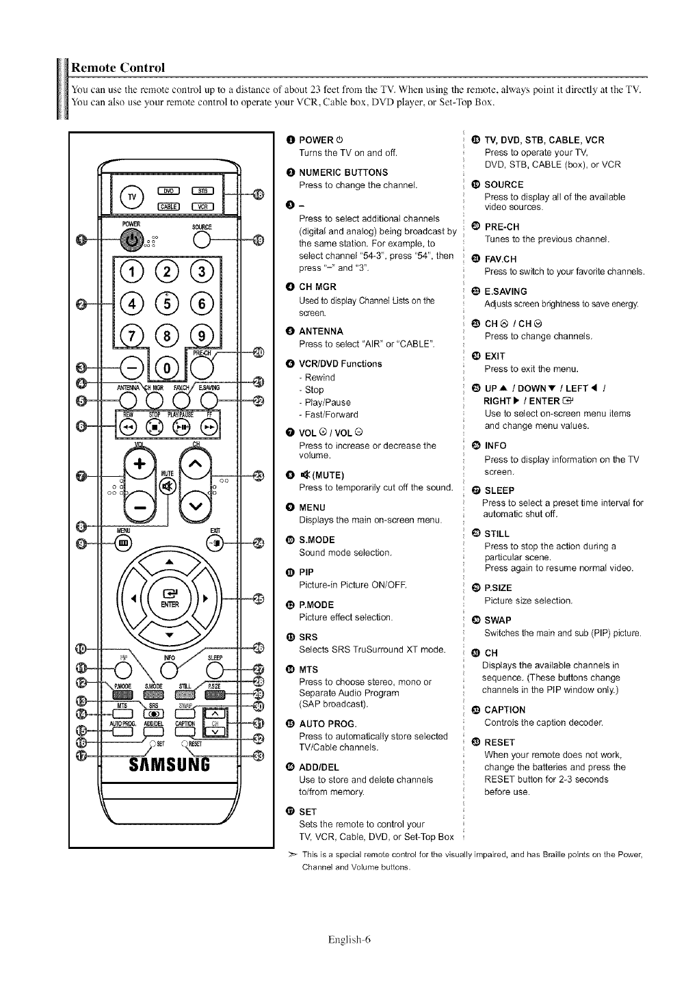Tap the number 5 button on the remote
(x=164, y=302)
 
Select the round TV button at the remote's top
(x=131, y=196)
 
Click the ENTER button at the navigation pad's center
(x=169, y=597)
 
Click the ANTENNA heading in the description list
(x=321, y=331)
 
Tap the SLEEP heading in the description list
(x=499, y=490)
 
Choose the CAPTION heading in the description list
(x=505, y=709)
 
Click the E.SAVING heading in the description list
(x=505, y=291)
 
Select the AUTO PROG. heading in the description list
(x=328, y=724)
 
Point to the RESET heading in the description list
(x=499, y=742)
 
